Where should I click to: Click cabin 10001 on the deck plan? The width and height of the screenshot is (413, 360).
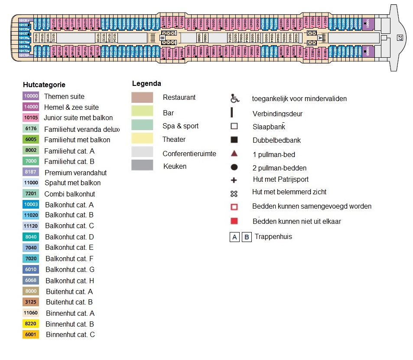tap(368, 24)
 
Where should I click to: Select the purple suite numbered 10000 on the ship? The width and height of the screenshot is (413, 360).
tap(368, 52)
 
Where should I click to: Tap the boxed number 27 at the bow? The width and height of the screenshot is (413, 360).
tap(399, 38)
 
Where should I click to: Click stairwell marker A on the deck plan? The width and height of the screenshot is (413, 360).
tap(320, 38)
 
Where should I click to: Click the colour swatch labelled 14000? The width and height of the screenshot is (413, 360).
tap(31, 107)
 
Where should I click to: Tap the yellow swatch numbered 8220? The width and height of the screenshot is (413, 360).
tap(31, 324)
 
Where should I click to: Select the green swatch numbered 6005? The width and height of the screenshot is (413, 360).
tap(31, 140)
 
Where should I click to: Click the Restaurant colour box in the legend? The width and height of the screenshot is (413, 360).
tap(142, 98)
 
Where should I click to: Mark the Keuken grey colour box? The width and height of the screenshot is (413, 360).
tap(142, 165)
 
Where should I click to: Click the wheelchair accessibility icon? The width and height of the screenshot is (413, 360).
tap(234, 99)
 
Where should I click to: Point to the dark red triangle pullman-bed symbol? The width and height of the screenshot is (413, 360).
tap(234, 154)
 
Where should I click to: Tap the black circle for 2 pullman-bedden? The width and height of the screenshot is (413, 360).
tap(234, 167)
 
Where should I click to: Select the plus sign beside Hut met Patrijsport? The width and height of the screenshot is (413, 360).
tap(234, 180)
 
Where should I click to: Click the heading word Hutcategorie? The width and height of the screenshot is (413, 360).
tap(44, 85)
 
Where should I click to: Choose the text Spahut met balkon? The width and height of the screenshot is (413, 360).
tap(72, 183)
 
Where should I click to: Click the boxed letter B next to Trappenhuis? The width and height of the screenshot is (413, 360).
tap(247, 237)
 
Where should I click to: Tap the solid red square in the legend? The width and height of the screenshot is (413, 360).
tap(234, 221)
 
